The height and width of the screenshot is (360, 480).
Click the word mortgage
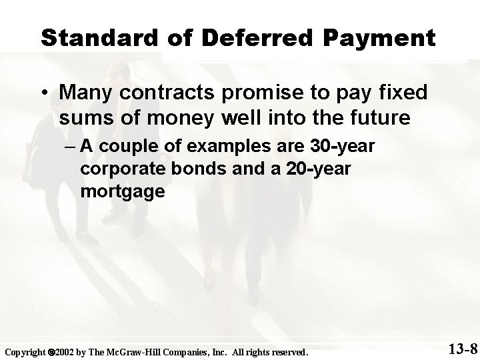[122, 192]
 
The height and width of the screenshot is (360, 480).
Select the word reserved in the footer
[284, 351]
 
